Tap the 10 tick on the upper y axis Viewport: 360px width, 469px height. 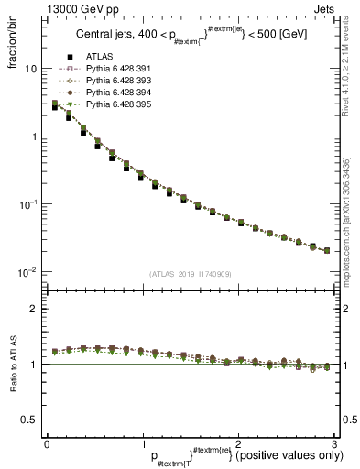(x=30, y=69)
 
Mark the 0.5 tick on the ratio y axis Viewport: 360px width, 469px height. (x=29, y=420)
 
